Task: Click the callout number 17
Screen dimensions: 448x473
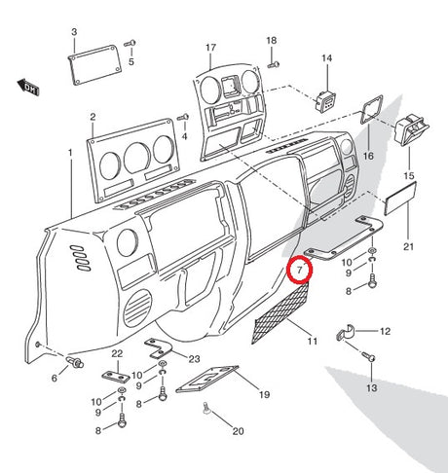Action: point(210,48)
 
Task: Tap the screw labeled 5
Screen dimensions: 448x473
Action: point(131,43)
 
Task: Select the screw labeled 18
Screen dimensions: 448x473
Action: point(274,65)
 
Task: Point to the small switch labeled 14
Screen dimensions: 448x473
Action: point(325,101)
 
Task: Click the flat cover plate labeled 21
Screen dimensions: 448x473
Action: point(400,199)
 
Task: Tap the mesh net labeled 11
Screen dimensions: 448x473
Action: point(280,313)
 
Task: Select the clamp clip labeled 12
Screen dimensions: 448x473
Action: point(346,332)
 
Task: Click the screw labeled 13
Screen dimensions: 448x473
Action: point(369,356)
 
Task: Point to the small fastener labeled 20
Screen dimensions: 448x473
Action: point(206,408)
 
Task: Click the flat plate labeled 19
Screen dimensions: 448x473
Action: point(207,380)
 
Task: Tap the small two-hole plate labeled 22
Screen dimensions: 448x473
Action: point(116,377)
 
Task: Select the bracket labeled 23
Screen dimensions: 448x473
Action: point(158,348)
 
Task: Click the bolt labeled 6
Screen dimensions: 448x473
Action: point(75,362)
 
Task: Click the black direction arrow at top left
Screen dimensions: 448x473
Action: point(28,88)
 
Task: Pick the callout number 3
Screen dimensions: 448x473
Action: point(74,32)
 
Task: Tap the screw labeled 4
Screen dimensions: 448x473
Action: point(183,118)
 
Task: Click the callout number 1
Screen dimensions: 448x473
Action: point(70,153)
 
